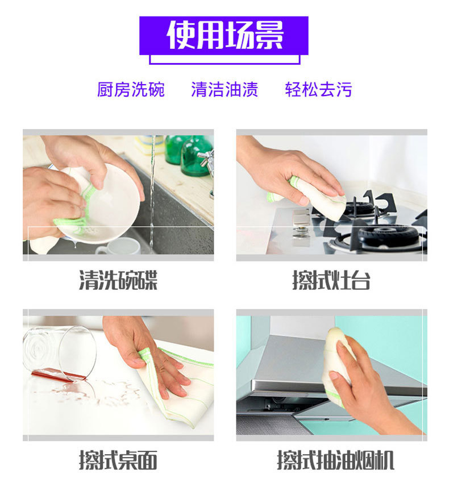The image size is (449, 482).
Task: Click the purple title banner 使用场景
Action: pyautogui.click(x=224, y=36)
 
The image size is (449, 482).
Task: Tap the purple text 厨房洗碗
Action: pyautogui.click(x=131, y=89)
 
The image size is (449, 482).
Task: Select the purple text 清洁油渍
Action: pyautogui.click(x=224, y=89)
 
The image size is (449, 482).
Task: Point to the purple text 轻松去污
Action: pyautogui.click(x=318, y=89)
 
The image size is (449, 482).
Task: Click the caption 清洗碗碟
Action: pyautogui.click(x=118, y=280)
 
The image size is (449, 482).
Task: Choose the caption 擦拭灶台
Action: pyautogui.click(x=331, y=280)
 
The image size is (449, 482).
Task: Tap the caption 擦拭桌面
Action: pyautogui.click(x=118, y=460)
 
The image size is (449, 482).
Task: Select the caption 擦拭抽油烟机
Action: pyautogui.click(x=335, y=460)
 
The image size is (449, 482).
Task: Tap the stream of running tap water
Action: pyautogui.click(x=152, y=194)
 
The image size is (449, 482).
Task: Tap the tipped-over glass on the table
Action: pyautogui.click(x=60, y=354)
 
